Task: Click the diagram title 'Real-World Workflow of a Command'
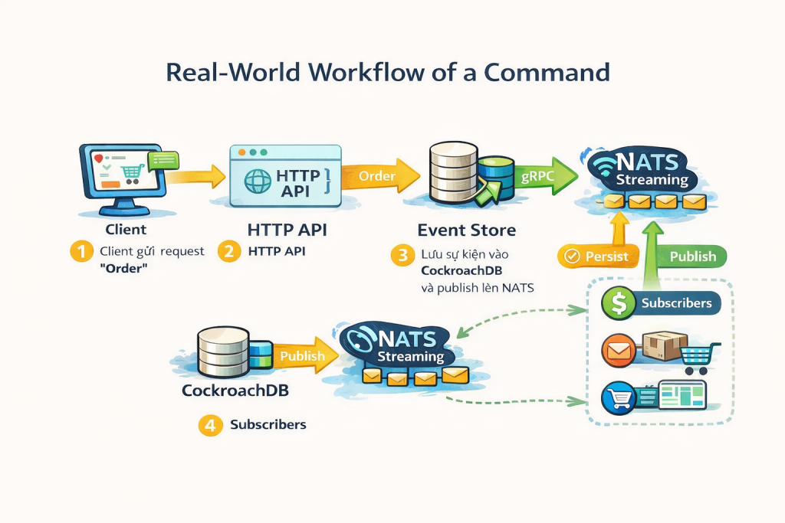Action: pos(388,72)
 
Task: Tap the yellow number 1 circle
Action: pos(81,252)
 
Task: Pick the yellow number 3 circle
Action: pos(402,255)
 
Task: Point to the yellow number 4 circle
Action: pos(210,425)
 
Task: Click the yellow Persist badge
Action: pos(596,257)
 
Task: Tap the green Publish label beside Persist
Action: pos(692,257)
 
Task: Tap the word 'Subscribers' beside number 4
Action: pos(268,425)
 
